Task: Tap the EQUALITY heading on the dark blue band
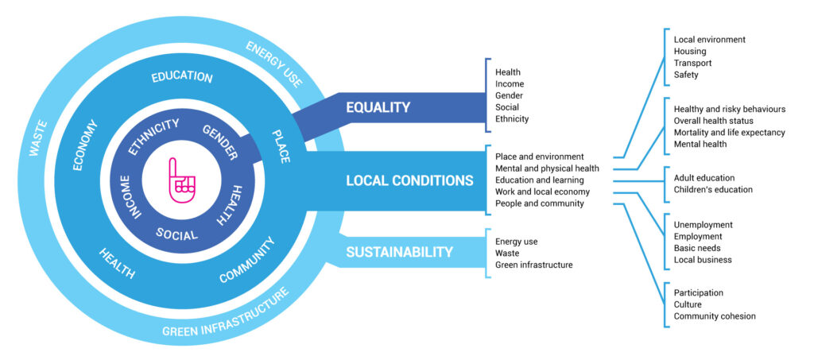click(378, 107)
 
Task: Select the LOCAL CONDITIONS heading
click(409, 180)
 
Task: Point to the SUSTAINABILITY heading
click(399, 252)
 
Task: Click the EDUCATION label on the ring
click(182, 78)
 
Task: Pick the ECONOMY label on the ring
click(85, 145)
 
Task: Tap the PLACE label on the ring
click(281, 146)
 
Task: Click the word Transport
click(693, 63)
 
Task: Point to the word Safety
click(687, 75)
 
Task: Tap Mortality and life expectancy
click(729, 132)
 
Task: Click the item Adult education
click(704, 177)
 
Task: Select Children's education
click(713, 189)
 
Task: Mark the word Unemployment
click(704, 225)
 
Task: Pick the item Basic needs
click(697, 248)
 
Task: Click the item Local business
click(703, 260)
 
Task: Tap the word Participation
click(699, 292)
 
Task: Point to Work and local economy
click(542, 192)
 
